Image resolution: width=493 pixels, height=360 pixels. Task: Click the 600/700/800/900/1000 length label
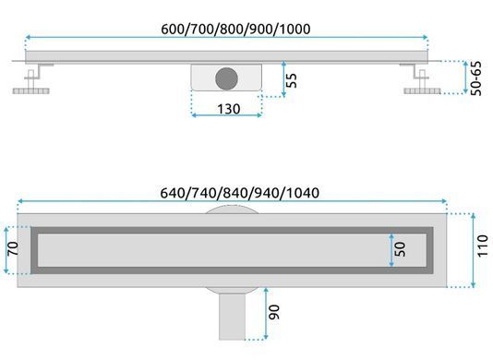coord(235,29)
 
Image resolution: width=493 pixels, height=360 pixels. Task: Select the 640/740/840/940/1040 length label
coord(240,193)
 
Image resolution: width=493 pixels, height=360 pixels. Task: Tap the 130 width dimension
coord(229,109)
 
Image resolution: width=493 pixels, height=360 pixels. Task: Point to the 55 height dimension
coord(292,80)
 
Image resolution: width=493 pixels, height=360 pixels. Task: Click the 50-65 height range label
coord(476,78)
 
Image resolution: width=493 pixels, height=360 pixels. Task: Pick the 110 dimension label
coord(483,246)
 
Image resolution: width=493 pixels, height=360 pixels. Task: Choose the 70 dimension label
coord(13,248)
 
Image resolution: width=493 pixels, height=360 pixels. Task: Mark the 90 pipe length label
coord(274,312)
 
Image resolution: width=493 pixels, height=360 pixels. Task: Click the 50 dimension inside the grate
coord(400,249)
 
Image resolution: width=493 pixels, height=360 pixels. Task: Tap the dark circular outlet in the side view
coord(226,78)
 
